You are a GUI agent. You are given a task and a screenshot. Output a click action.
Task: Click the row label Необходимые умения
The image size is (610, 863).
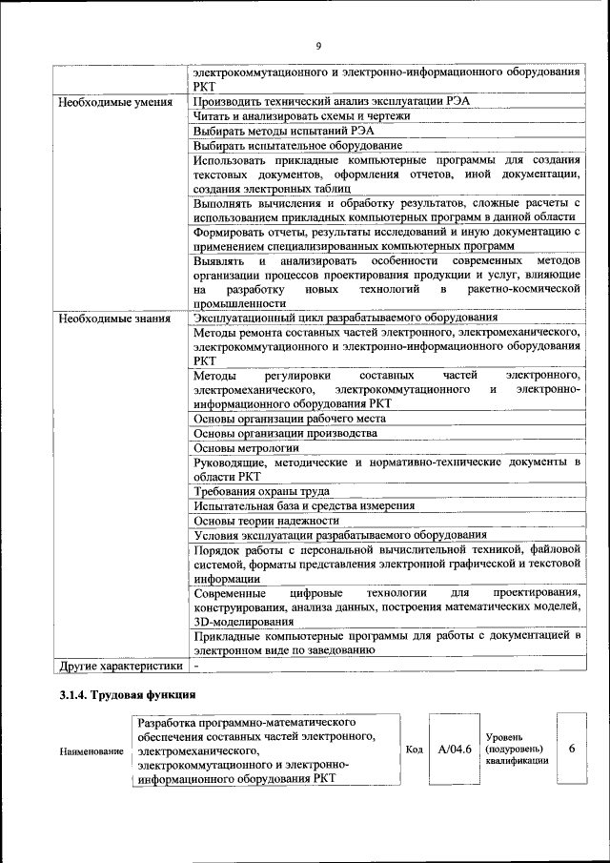113,102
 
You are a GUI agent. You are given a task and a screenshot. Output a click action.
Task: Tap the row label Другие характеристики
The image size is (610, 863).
118,665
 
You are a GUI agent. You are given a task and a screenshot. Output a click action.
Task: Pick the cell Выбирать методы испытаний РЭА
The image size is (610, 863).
283,131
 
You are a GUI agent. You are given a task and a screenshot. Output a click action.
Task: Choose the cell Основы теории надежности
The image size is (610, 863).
266,521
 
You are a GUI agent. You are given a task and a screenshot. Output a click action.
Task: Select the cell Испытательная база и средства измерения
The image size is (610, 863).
303,506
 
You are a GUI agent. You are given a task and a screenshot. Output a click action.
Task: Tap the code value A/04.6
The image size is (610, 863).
455,750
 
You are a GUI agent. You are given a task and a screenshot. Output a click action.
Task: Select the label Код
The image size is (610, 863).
414,750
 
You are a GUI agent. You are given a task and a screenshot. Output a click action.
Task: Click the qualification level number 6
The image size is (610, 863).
572,750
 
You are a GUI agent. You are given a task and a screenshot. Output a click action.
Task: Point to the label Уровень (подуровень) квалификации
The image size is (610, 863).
517,750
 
